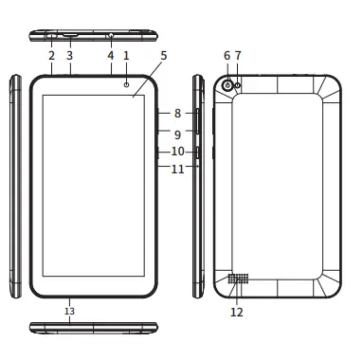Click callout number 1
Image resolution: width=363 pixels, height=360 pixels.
(126, 56)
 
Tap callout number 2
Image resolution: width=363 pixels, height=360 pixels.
(51, 56)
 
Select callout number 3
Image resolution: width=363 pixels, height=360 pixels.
(69, 56)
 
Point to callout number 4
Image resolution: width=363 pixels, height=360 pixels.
(110, 56)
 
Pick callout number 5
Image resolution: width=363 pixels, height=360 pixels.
(163, 56)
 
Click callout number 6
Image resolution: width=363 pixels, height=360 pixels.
(227, 56)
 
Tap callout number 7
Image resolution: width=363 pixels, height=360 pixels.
(238, 56)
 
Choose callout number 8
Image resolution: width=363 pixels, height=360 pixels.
(177, 113)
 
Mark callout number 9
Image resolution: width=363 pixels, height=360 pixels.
(177, 135)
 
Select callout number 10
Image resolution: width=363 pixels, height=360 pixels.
(177, 152)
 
